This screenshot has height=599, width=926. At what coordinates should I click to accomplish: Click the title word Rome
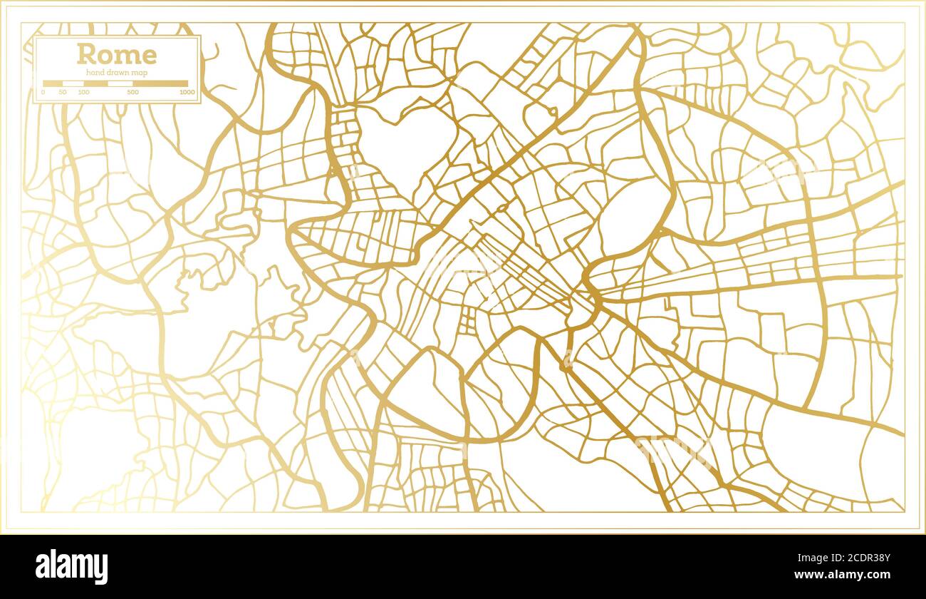point(117,54)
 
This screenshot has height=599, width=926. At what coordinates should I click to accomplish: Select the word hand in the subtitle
point(94,73)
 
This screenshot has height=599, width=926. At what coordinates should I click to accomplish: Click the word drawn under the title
point(115,73)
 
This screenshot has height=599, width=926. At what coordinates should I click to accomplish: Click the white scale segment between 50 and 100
point(73,83)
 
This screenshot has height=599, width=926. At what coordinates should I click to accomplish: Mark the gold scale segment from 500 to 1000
point(160,83)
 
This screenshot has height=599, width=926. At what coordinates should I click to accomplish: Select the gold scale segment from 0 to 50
point(53,83)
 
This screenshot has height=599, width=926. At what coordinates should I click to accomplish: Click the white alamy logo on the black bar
point(72,567)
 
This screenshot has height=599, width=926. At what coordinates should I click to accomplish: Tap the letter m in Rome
point(127,56)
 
